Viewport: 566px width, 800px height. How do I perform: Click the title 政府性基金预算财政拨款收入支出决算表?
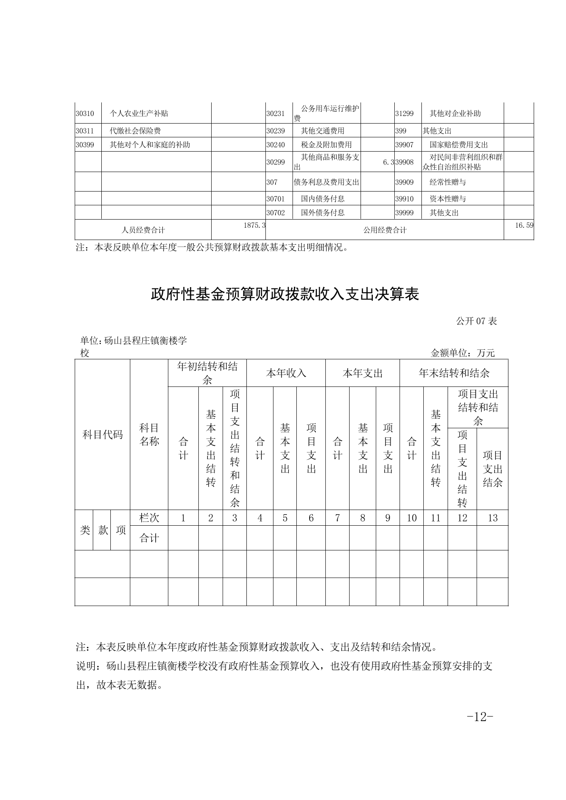(284, 295)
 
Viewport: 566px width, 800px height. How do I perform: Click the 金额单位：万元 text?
(462, 353)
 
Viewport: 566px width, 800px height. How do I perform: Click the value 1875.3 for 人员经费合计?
(254, 225)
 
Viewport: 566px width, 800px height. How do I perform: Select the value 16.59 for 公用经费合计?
(524, 225)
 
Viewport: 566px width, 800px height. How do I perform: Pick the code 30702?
(275, 213)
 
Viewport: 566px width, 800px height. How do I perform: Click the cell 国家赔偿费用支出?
(459, 145)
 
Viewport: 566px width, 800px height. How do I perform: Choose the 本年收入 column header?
(286, 373)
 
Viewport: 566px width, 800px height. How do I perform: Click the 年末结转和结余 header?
(454, 373)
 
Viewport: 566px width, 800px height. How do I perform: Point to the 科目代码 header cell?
(102, 434)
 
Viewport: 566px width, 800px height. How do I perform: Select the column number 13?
(492, 518)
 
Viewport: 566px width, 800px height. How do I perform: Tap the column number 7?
(337, 518)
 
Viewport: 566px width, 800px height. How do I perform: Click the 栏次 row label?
(149, 518)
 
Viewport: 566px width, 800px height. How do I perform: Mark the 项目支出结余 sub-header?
(492, 469)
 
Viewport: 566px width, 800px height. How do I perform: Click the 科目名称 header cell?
(149, 434)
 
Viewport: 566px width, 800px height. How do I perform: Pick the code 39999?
(404, 213)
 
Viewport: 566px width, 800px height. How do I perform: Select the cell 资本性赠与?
(448, 199)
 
